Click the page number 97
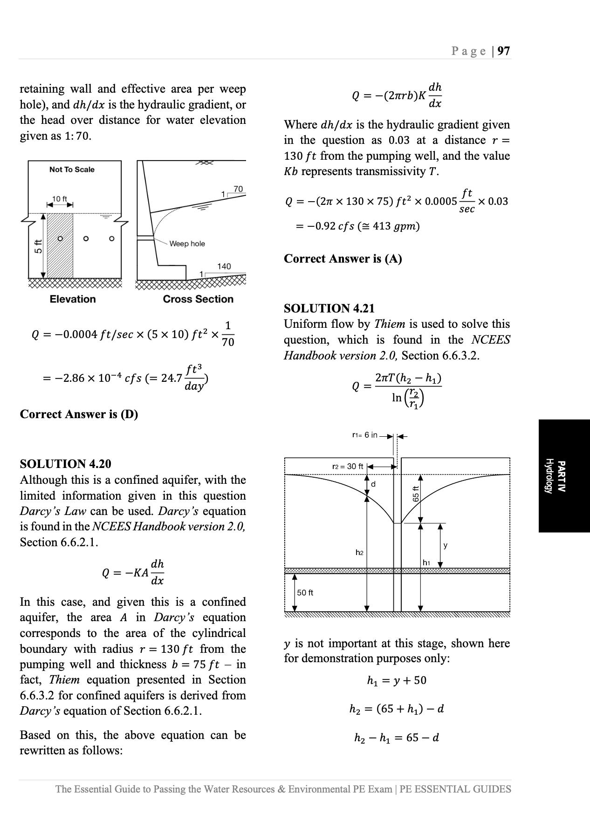(504, 51)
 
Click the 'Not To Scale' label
(72, 170)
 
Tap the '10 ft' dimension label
(60, 199)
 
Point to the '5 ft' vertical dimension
(38, 246)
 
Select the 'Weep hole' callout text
(187, 244)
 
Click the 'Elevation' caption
(73, 299)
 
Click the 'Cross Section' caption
(198, 299)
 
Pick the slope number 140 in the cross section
(224, 266)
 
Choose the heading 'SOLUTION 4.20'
(66, 464)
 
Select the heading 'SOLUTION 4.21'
(329, 309)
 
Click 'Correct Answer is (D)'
(79, 414)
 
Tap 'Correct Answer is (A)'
(343, 259)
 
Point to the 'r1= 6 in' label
(364, 435)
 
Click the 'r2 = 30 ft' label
(348, 467)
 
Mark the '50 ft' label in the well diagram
(305, 593)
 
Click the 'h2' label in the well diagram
(359, 553)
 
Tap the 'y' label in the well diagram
(446, 545)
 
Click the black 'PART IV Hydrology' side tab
(564, 476)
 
